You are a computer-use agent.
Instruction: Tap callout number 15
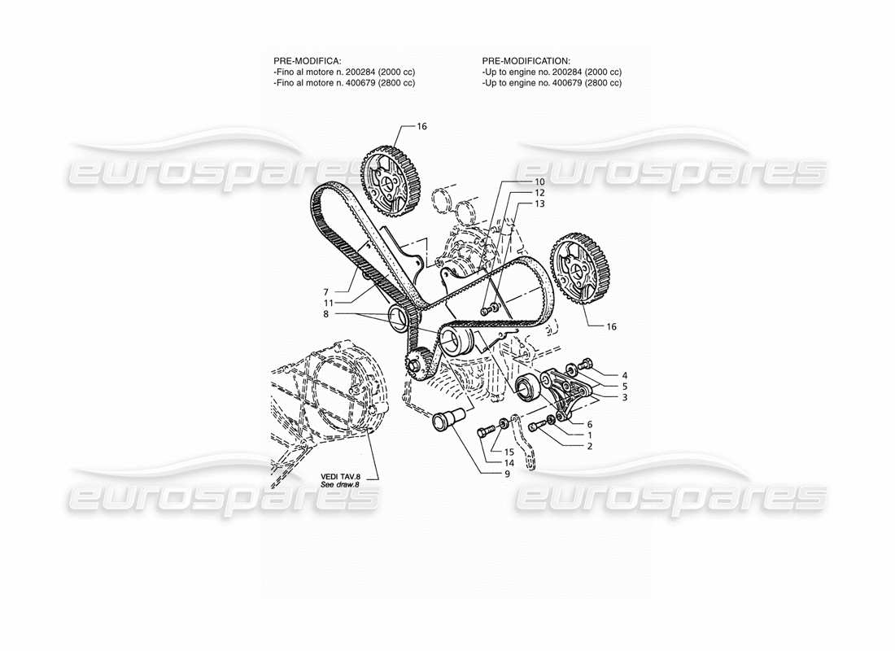coord(509,452)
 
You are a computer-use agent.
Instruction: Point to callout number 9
coord(506,474)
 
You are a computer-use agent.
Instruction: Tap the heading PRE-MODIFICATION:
coord(526,61)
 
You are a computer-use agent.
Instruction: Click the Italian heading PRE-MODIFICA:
coord(307,61)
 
